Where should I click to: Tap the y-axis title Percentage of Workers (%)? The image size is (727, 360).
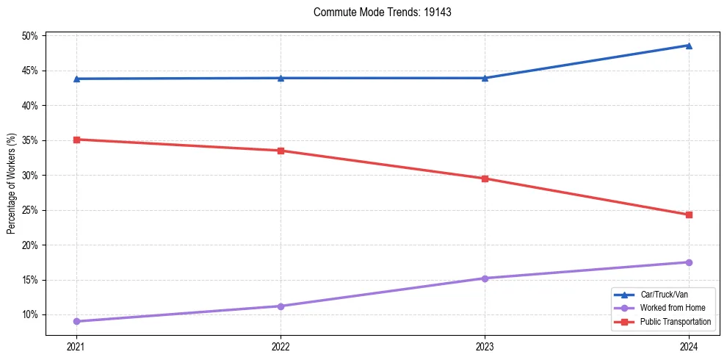click(12, 184)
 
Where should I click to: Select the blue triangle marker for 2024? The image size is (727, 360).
click(689, 46)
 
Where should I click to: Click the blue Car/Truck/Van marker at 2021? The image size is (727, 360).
click(76, 79)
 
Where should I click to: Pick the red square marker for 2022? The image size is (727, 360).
click(281, 151)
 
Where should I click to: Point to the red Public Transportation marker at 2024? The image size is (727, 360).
click(689, 215)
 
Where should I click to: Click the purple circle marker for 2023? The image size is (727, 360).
click(485, 278)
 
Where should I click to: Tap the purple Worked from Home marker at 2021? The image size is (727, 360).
click(76, 321)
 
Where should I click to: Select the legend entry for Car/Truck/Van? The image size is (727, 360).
click(664, 294)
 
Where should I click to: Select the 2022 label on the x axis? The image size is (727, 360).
click(281, 345)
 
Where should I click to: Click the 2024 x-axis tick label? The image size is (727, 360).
click(689, 345)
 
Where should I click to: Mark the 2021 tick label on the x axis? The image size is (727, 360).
click(76, 345)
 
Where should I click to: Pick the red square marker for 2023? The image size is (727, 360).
click(485, 179)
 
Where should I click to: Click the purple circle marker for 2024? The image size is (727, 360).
click(689, 262)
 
